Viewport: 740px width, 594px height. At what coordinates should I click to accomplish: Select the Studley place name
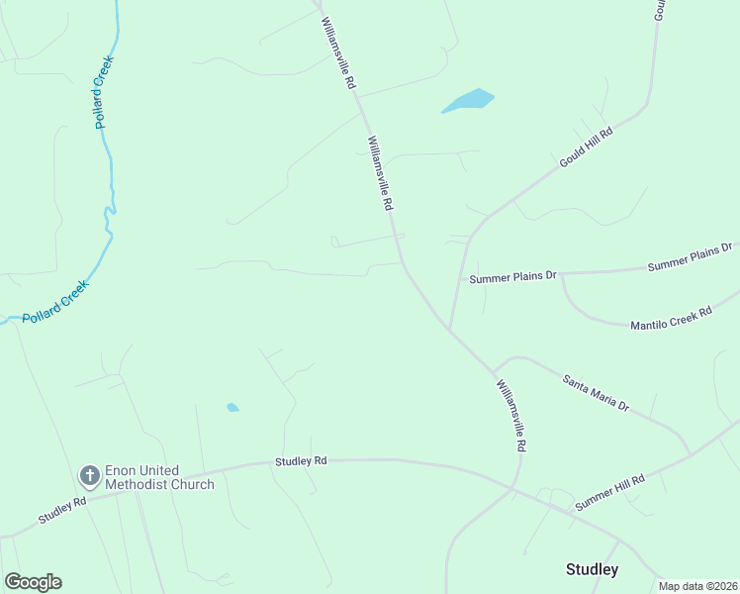point(592,569)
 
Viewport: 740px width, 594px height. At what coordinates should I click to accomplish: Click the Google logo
point(33,582)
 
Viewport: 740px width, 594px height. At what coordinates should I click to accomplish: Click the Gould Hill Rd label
point(586,146)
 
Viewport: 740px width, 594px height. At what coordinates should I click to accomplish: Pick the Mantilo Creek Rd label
point(672,319)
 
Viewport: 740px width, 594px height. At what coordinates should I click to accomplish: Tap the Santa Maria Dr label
point(596,392)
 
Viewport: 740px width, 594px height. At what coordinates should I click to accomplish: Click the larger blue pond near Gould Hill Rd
point(468,100)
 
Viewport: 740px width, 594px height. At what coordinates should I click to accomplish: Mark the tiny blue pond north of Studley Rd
point(232,407)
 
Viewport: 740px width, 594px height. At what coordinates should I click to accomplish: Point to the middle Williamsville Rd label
point(381,173)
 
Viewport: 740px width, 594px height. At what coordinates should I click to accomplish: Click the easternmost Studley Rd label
point(301,461)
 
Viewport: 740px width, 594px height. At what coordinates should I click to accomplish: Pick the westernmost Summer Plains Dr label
point(513,278)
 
